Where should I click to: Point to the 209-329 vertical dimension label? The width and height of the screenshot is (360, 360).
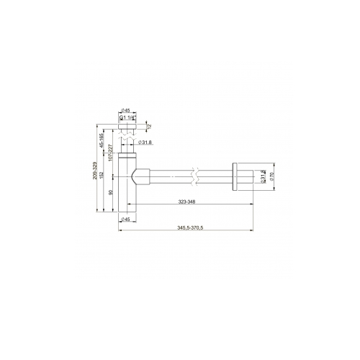(x=95, y=175)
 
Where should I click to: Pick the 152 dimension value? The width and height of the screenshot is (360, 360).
(x=102, y=175)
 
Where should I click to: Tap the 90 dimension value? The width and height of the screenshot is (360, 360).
(x=109, y=192)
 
